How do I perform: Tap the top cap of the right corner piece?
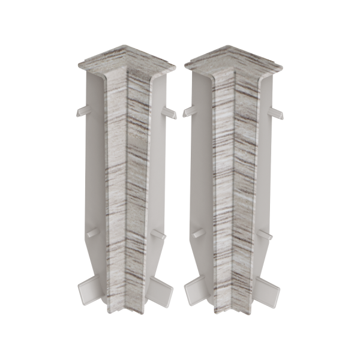(x=233, y=57)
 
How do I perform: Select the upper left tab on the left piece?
(x=82, y=112)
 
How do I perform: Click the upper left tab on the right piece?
(x=190, y=112)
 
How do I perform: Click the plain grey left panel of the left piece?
(x=93, y=174)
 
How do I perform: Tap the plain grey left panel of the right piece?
(x=200, y=174)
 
